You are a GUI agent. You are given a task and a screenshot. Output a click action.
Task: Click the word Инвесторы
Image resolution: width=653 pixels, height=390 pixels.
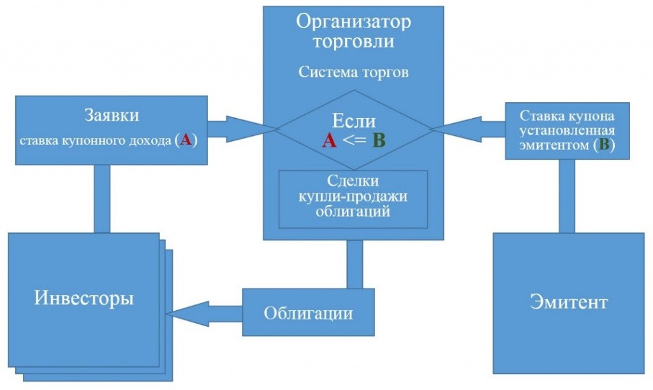(84, 299)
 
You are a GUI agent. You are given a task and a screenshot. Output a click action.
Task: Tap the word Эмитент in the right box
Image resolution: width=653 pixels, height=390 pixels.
(569, 302)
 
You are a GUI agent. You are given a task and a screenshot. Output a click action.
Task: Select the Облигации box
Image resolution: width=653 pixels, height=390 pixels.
(309, 313)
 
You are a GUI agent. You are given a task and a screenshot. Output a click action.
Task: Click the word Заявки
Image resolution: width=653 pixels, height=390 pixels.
(112, 116)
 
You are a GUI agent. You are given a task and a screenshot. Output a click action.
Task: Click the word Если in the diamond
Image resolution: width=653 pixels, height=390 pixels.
(354, 121)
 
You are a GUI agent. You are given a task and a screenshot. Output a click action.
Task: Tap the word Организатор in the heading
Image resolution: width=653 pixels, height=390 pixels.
(353, 22)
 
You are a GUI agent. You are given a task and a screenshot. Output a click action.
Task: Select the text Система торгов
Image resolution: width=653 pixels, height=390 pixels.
(353, 71)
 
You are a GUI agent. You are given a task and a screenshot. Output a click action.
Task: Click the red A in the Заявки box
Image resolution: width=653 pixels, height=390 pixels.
(186, 140)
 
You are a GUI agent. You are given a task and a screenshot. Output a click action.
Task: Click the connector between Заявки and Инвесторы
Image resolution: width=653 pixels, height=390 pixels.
(102, 199)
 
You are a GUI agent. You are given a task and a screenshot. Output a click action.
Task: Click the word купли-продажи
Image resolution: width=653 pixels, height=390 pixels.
(353, 196)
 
